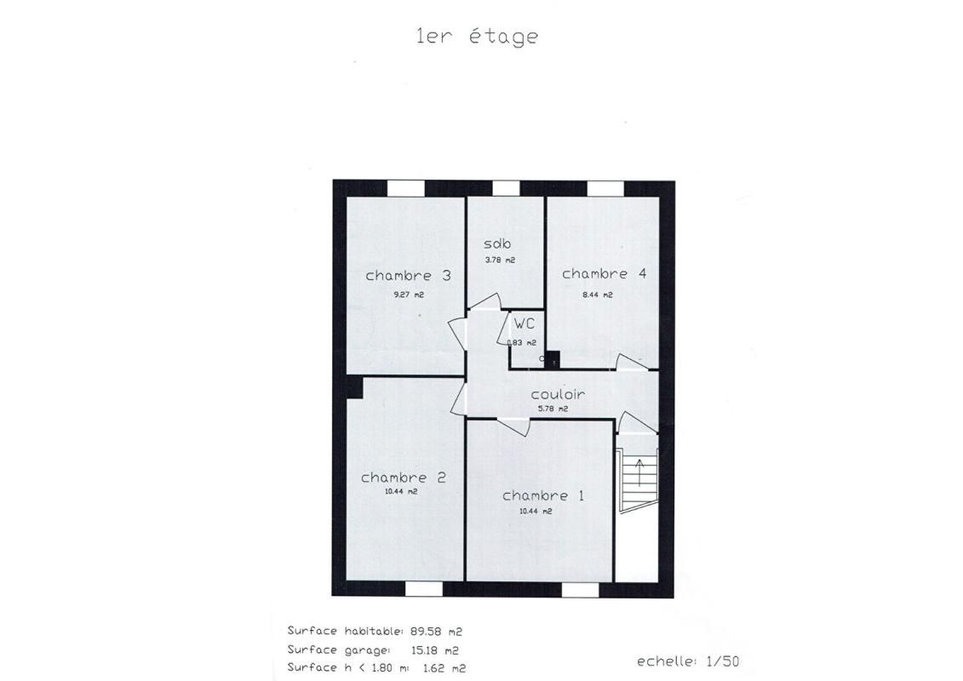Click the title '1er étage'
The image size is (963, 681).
click(x=477, y=37)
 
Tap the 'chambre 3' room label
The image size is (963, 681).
click(x=408, y=276)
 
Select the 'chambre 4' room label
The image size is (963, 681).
click(x=604, y=274)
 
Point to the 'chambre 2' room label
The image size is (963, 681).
click(x=403, y=478)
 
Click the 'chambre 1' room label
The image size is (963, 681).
click(x=542, y=495)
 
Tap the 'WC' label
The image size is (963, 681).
click(x=524, y=324)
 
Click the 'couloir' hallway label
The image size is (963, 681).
click(x=558, y=395)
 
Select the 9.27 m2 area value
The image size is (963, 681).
click(x=408, y=295)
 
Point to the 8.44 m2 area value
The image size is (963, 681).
click(x=597, y=295)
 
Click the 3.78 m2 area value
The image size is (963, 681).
click(x=500, y=260)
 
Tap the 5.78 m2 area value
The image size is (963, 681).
click(x=553, y=409)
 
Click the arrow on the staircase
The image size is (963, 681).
click(x=639, y=471)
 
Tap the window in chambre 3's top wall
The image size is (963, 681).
click(x=406, y=188)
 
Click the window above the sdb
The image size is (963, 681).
click(x=506, y=188)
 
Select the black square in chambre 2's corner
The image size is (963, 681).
click(x=354, y=388)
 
